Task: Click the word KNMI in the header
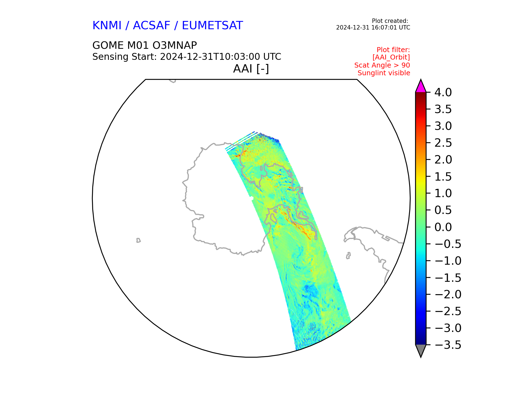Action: [x=107, y=25]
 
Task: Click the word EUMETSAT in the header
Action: [x=212, y=25]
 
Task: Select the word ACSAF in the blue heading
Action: [x=152, y=25]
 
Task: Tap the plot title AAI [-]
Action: [x=251, y=69]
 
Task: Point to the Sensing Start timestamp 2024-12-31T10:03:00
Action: [x=210, y=57]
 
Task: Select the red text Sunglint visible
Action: [x=384, y=73]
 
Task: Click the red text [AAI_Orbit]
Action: [x=391, y=57]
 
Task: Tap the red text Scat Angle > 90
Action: [x=382, y=65]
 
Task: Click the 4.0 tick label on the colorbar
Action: [x=443, y=92]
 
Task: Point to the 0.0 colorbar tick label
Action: [x=443, y=227]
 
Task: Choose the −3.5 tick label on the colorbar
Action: [x=448, y=345]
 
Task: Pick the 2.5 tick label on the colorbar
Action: [x=443, y=143]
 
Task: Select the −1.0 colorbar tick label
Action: [x=448, y=261]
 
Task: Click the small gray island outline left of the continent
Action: [x=138, y=240]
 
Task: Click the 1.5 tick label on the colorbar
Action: [x=443, y=177]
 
